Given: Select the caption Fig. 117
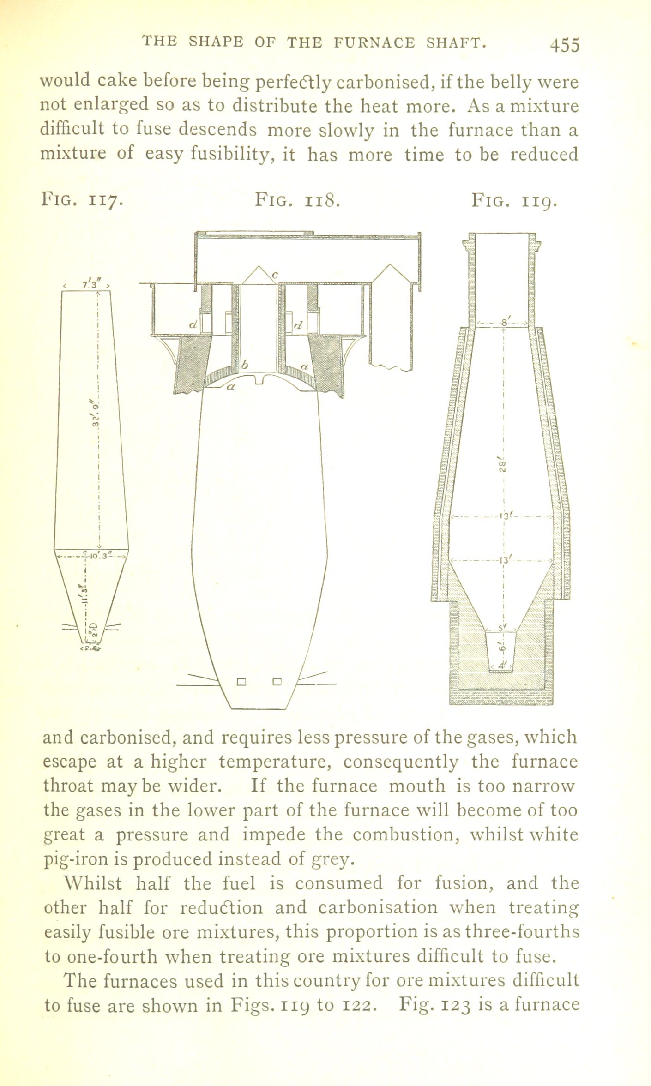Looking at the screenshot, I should point(82,201).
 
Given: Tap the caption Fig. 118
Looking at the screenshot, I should point(298,201).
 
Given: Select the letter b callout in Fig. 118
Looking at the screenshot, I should point(245,365).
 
